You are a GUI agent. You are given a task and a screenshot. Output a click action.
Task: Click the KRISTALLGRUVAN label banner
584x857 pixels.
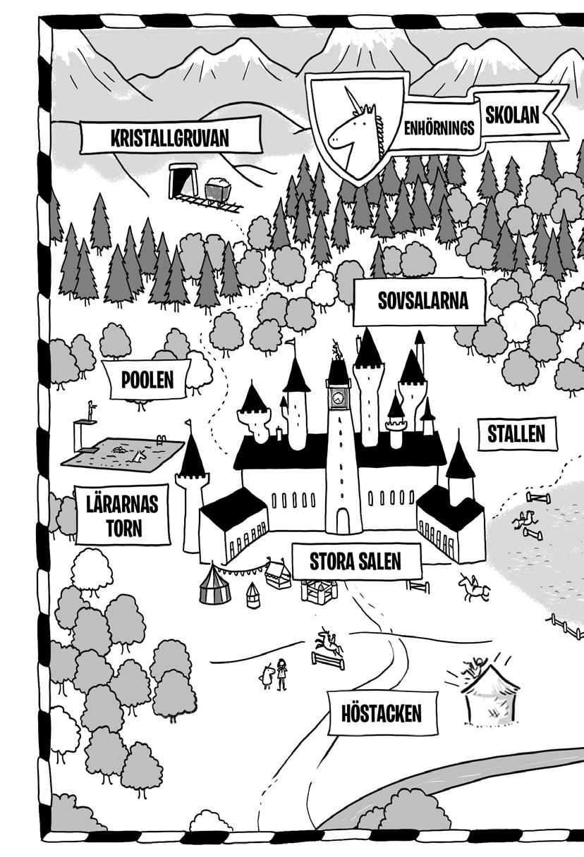coord(169,137)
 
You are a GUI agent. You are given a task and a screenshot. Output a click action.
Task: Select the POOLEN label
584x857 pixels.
coord(147,381)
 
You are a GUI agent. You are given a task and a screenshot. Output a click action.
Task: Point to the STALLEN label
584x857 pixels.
coord(516,434)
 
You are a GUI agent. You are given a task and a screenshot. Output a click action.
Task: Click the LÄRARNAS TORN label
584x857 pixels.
coord(123,515)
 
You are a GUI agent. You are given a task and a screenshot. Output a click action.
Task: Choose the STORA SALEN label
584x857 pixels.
coord(355,561)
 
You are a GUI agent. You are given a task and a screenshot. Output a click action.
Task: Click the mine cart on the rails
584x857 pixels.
coord(218,190)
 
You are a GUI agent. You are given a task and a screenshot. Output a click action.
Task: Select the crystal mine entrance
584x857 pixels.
coord(183,180)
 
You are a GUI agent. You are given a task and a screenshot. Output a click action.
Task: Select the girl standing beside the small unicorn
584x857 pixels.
coord(283,673)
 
